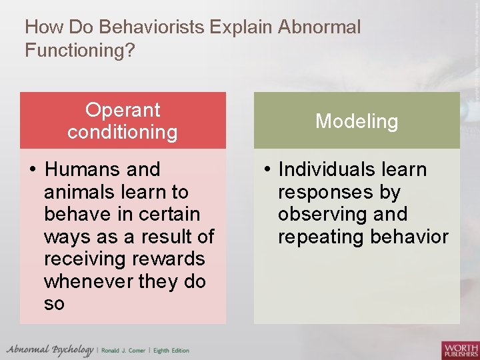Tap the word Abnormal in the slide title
[x=319, y=27]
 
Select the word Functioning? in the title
[x=80, y=50]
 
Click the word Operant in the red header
[x=123, y=110]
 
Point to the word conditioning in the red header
[x=123, y=132]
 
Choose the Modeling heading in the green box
[x=357, y=121]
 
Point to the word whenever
[x=87, y=282]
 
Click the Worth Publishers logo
[x=460, y=350]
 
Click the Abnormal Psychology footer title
[x=50, y=350]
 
